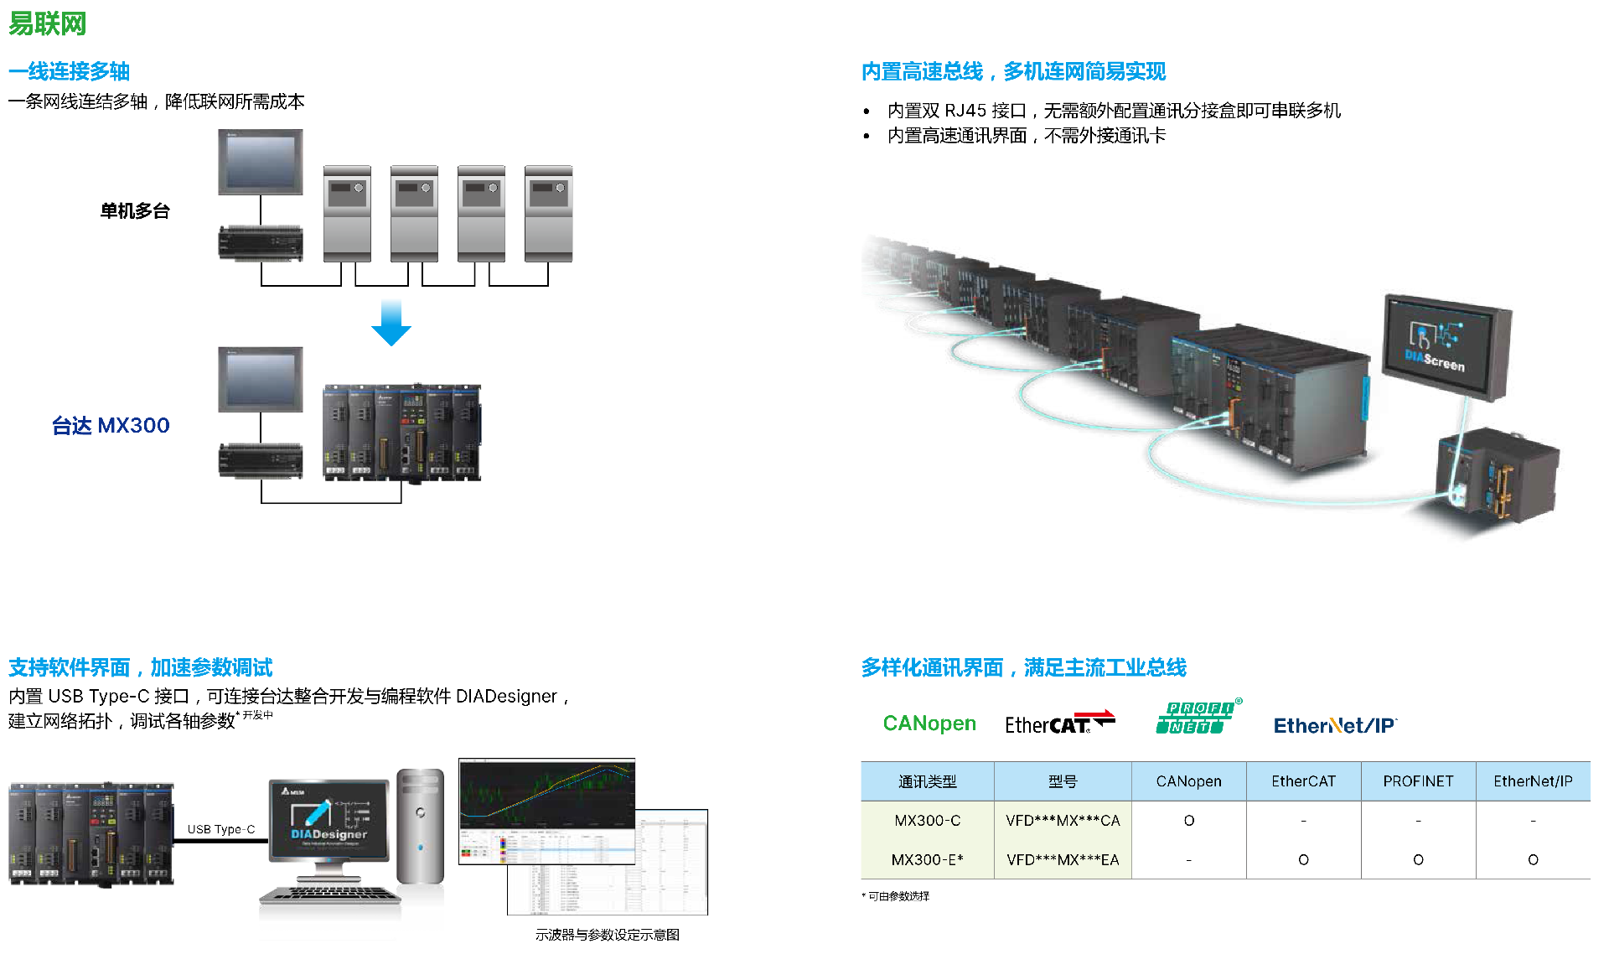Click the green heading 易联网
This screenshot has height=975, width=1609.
tap(48, 23)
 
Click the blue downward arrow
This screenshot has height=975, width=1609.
tap(391, 323)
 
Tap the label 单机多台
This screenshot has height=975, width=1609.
tap(135, 210)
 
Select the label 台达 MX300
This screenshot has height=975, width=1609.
tap(111, 426)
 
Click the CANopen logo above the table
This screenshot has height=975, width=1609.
tap(929, 723)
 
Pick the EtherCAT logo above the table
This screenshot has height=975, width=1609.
tap(1058, 723)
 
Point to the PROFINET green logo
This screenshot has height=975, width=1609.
tap(1197, 718)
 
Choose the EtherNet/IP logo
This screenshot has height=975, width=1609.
tap(1335, 725)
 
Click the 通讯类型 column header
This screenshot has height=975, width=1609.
tap(927, 781)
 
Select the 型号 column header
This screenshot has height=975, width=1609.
tap(1063, 781)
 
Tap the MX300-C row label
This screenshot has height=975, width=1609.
tap(927, 821)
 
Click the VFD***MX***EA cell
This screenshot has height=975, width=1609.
tap(1063, 860)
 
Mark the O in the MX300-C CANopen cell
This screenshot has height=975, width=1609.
tap(1188, 821)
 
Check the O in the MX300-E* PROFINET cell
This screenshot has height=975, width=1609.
tap(1418, 860)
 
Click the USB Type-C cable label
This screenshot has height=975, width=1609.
tap(221, 829)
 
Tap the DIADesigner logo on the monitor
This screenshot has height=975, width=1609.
tap(329, 822)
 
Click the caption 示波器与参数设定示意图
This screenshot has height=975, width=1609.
tap(608, 935)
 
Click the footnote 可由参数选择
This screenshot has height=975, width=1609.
tap(898, 896)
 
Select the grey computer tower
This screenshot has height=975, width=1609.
tap(420, 827)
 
